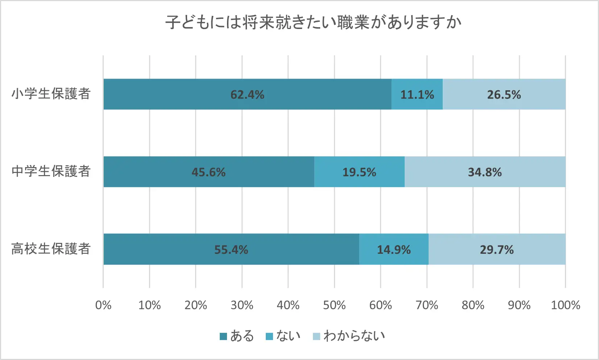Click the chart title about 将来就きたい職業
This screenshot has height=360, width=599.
313,22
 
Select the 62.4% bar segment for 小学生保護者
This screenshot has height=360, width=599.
247,94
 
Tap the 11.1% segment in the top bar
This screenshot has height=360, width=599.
417,94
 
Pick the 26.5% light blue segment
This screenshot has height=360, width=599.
504,94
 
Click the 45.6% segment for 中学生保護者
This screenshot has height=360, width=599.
208,172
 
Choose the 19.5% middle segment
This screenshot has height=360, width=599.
359,172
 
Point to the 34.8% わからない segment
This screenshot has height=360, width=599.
485,172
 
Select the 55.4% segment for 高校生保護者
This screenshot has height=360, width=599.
231,249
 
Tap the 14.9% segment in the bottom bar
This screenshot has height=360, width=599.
394,249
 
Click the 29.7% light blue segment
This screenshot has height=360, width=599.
497,249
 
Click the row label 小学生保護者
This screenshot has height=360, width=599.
51,94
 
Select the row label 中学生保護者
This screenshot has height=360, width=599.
51,171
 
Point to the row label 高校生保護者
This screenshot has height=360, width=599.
51,249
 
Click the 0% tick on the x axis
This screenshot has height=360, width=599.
103,305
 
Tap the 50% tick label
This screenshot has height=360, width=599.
334,305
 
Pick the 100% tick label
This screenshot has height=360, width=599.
565,305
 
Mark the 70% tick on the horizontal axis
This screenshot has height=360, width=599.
427,305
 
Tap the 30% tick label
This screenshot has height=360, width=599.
242,305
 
